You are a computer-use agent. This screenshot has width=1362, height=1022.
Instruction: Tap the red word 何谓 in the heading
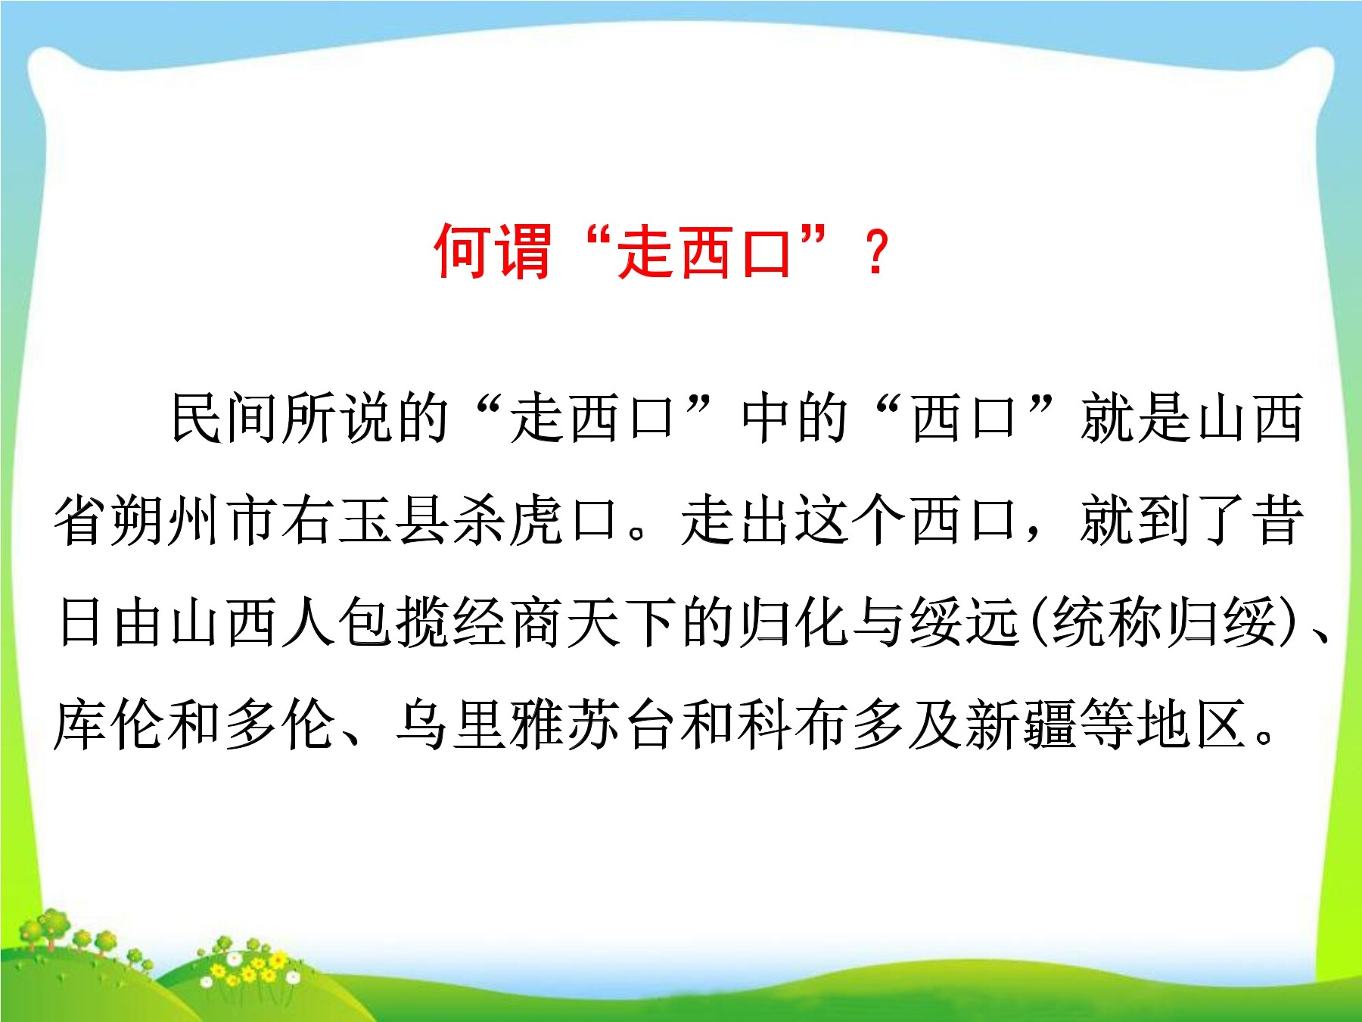[492, 252]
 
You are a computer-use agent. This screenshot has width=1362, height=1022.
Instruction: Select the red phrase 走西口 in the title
[704, 252]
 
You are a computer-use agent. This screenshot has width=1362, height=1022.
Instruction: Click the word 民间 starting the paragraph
[225, 418]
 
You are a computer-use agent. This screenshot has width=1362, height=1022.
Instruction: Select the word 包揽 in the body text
[393, 622]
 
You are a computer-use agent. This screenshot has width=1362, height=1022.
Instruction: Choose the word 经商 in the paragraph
[507, 622]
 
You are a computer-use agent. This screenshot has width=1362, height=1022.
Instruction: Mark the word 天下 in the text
[620, 622]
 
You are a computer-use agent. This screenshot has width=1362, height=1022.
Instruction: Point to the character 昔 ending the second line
[1277, 520]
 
